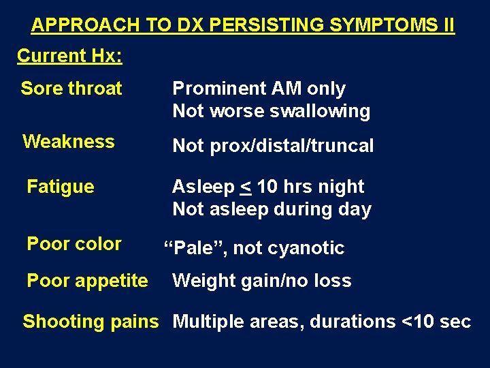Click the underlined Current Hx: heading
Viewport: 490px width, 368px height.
coord(69,56)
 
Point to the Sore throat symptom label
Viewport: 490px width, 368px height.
coord(71,89)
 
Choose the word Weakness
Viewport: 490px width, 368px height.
coord(69,142)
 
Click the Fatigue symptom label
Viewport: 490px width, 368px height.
coord(61,187)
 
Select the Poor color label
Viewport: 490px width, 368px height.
coord(74,244)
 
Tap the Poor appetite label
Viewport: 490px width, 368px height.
coord(87,281)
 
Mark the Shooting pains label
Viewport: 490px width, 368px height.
coord(91,322)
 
